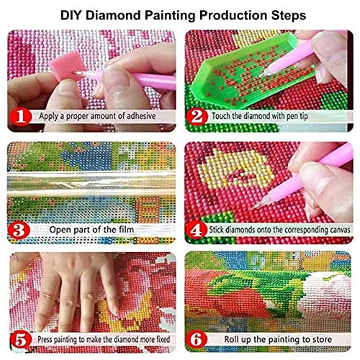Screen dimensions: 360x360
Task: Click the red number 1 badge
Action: coord(20,114)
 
